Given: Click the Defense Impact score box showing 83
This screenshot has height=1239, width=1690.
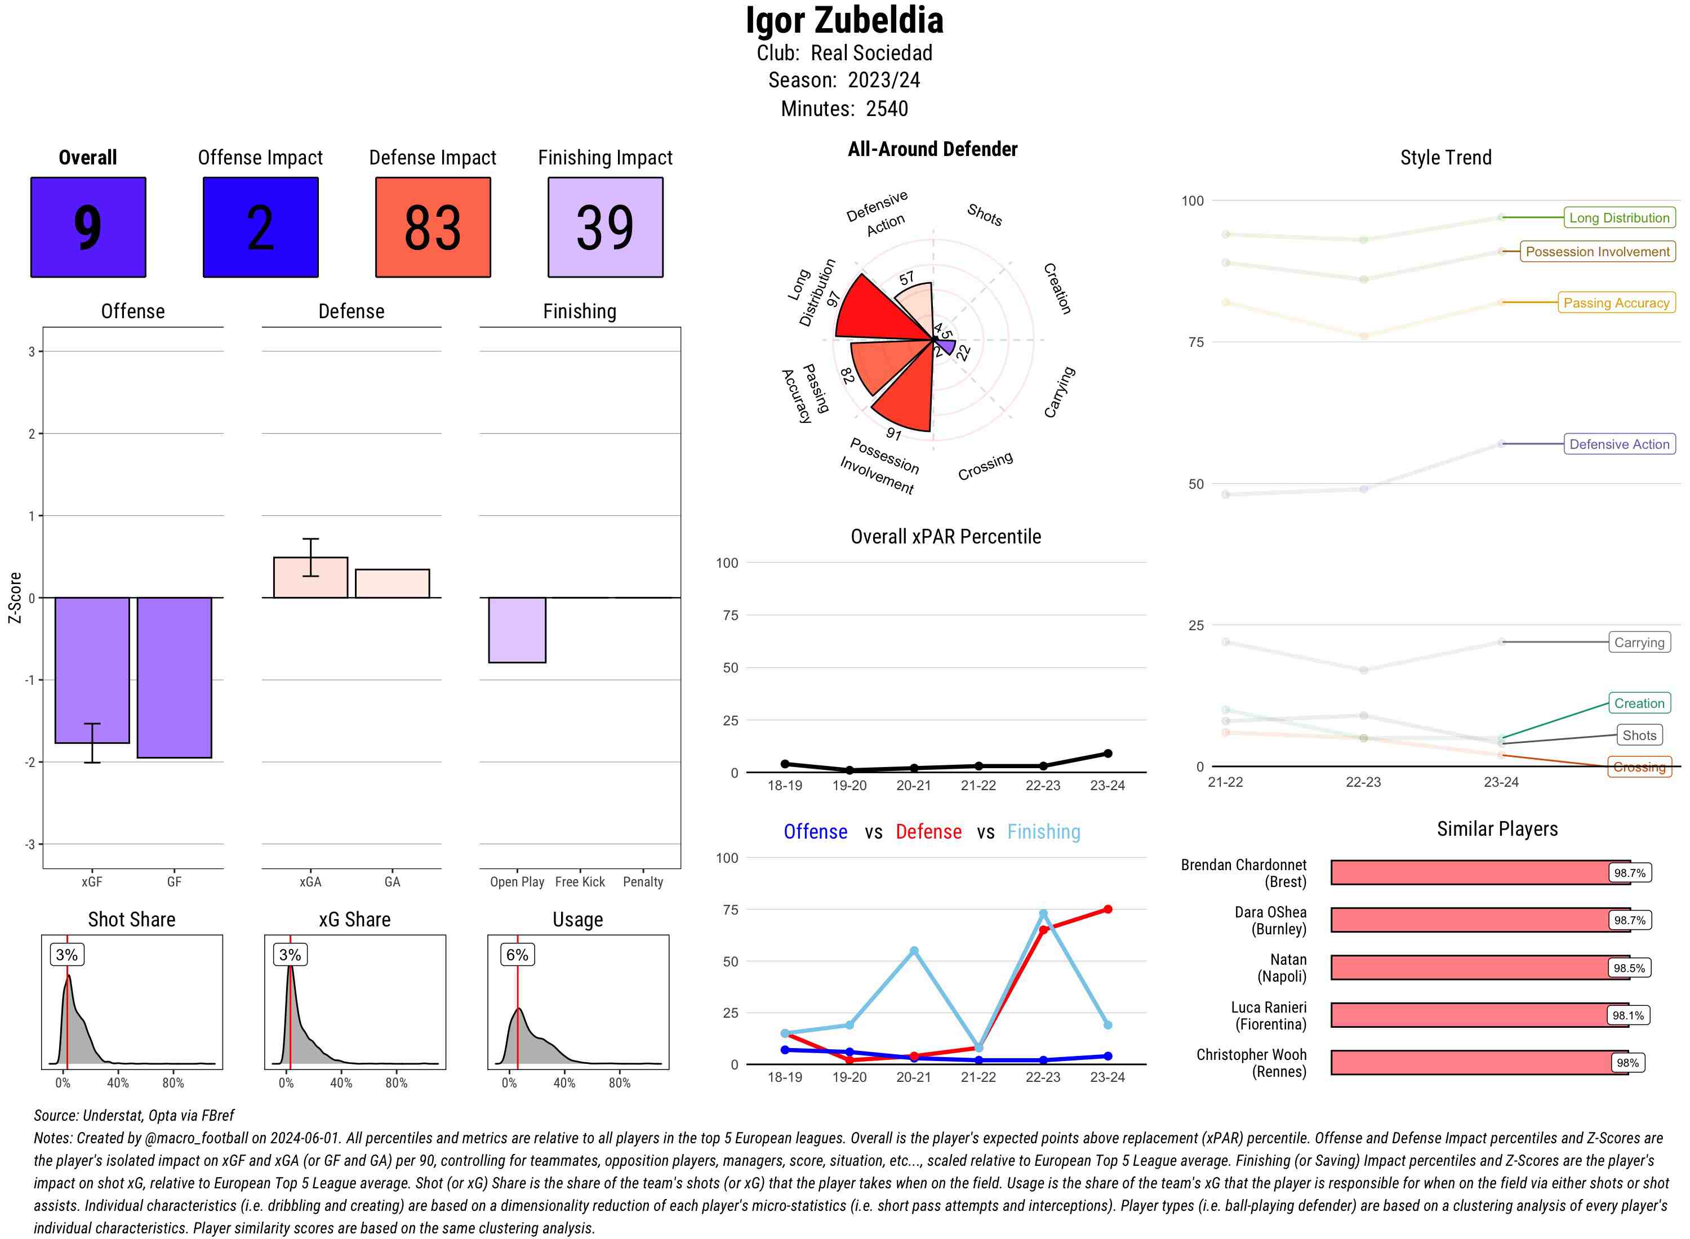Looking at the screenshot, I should [x=433, y=228].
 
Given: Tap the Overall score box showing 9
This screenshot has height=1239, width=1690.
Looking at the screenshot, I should [x=88, y=228].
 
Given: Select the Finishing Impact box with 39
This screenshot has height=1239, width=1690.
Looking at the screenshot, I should [x=606, y=228].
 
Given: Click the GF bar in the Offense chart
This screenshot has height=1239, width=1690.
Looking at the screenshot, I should [x=174, y=678].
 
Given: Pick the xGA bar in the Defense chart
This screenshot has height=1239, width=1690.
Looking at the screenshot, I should [x=310, y=577].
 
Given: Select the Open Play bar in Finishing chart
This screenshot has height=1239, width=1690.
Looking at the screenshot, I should [x=517, y=630].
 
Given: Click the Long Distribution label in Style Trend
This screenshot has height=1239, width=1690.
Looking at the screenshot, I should [x=1619, y=217].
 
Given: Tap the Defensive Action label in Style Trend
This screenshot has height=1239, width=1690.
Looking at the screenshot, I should [x=1619, y=444].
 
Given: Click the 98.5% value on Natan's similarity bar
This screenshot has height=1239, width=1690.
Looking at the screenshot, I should [x=1629, y=968].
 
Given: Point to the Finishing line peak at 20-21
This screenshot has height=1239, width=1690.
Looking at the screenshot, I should [x=914, y=950].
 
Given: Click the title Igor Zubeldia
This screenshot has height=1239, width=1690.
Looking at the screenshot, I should [x=844, y=21].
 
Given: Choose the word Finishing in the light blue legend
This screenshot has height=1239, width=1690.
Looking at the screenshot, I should [x=1043, y=832].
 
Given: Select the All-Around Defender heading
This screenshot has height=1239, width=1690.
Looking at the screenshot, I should [x=932, y=149].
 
